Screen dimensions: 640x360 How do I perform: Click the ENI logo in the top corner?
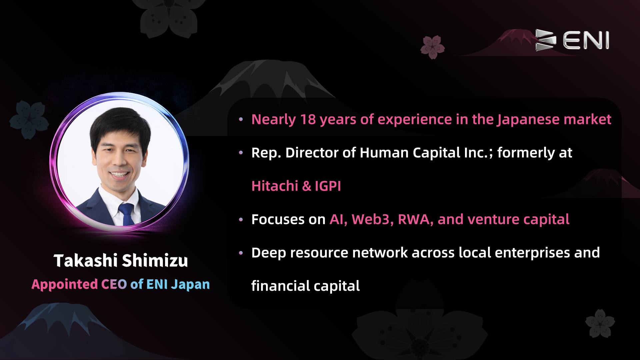[572, 40]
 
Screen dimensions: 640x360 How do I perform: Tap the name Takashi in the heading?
[86, 261]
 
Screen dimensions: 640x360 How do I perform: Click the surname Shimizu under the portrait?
[155, 261]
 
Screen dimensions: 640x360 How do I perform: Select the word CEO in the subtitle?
[114, 284]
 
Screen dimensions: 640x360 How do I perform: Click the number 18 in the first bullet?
[308, 119]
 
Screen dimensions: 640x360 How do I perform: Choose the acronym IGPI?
[328, 186]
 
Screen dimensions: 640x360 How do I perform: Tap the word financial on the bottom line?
[281, 286]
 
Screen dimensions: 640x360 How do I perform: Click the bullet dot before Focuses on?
[241, 220]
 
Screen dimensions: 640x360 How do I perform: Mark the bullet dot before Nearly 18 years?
[241, 120]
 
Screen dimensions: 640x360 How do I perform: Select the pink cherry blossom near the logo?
[433, 47]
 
